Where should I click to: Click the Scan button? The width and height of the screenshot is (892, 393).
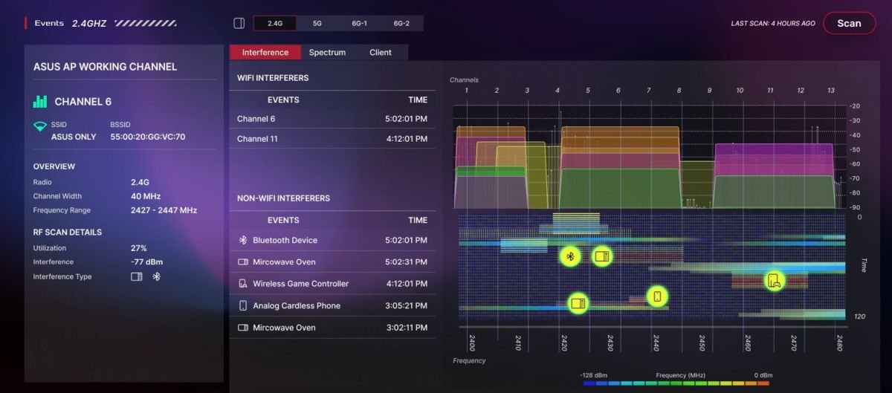tap(849, 23)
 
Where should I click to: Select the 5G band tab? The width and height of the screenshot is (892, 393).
tap(317, 23)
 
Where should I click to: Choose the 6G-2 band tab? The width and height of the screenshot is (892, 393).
tap(401, 23)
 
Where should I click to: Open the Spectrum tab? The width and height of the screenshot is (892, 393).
tap(327, 52)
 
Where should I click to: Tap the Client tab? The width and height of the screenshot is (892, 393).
tap(381, 52)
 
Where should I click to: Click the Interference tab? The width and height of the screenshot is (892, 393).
tap(265, 52)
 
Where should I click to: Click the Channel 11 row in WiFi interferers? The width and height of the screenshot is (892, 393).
tap(332, 139)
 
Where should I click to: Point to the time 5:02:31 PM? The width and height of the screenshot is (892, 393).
tap(406, 262)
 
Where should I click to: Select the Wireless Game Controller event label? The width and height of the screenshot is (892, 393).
tap(300, 284)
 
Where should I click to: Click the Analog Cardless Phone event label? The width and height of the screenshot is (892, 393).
tap(297, 305)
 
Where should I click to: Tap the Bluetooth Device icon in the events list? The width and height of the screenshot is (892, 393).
tap(243, 240)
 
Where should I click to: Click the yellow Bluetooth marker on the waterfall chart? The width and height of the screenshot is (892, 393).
tap(570, 256)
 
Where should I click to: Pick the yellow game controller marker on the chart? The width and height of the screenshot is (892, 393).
tap(774, 281)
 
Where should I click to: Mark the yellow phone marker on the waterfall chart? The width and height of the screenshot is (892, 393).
tap(657, 296)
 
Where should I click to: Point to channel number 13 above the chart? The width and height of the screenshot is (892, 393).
tap(831, 91)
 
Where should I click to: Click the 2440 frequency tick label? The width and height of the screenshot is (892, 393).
tap(656, 342)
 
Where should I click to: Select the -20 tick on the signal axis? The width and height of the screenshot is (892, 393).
tap(855, 106)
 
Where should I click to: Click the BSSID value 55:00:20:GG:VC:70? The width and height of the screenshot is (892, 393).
tap(148, 137)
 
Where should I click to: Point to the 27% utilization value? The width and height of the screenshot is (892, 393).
tap(138, 248)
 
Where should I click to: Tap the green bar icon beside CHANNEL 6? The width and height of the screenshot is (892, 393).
tap(40, 102)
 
